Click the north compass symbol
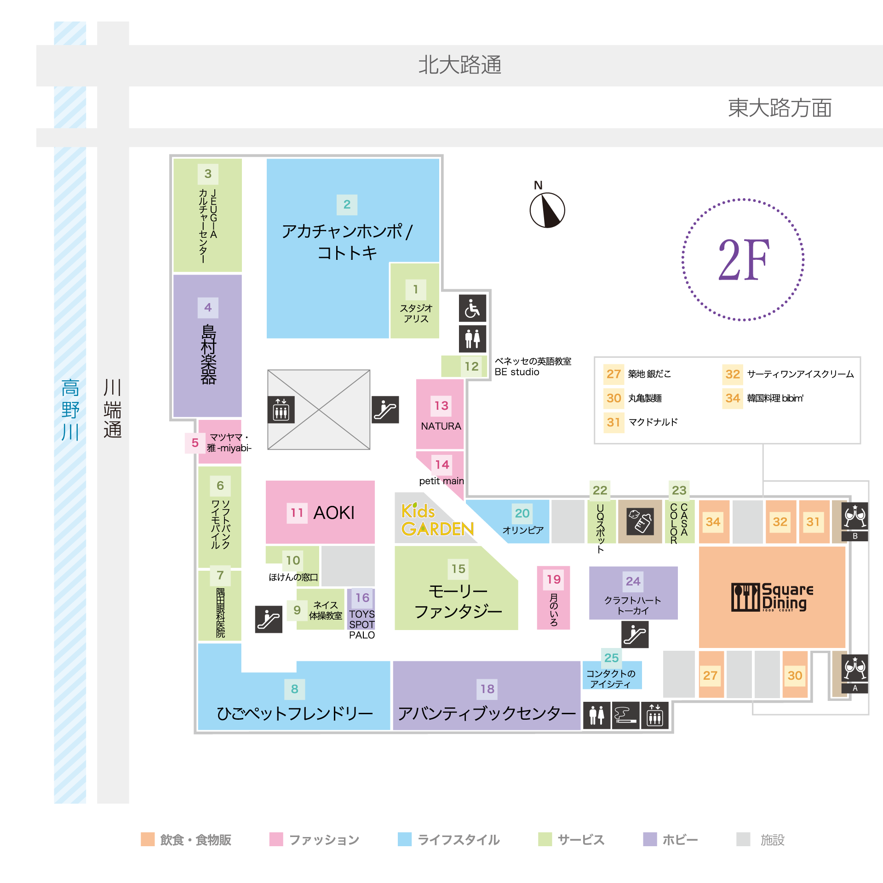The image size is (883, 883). point(547,210)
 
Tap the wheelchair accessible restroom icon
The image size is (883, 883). point(472,308)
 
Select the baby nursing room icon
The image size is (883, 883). point(640,522)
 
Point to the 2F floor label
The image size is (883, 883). point(743,259)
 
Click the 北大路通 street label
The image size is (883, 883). point(459,65)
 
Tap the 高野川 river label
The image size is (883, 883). point(70,409)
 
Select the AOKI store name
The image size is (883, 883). point(334,513)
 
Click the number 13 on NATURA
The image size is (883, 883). point(441,406)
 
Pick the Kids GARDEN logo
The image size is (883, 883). point(436,520)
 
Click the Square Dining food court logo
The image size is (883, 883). point(772,597)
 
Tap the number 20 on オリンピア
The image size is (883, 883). point(522,513)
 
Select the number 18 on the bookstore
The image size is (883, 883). point(487,688)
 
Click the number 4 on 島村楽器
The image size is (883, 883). point(208,307)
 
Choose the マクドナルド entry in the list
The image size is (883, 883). point(653,422)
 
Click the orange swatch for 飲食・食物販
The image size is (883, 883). point(148,839)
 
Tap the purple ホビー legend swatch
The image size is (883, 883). point(650,839)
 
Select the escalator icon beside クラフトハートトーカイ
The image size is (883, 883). point(635,634)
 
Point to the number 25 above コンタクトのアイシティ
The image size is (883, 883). point(611,658)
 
